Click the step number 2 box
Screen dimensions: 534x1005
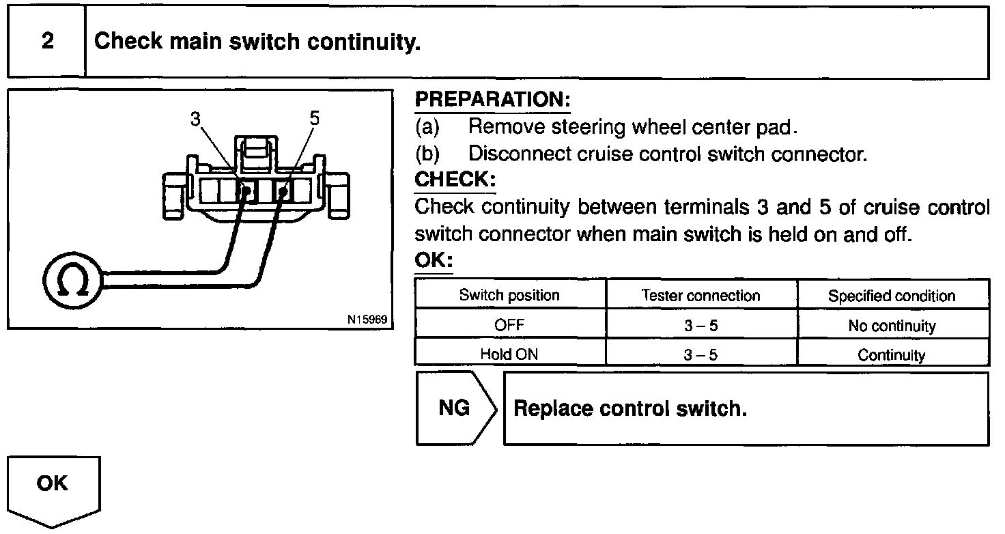(46, 42)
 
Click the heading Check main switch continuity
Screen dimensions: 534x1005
(257, 42)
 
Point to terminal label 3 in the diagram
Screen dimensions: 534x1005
(196, 118)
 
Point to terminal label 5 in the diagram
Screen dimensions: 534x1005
(314, 118)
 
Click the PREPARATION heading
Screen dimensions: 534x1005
(492, 100)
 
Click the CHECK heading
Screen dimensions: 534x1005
(455, 180)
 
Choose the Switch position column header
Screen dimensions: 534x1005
(509, 295)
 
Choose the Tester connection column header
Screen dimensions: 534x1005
(700, 295)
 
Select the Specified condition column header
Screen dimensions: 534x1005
(892, 296)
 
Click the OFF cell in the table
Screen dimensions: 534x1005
(509, 326)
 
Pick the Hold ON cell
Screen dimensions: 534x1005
(509, 354)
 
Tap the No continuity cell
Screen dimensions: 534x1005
(892, 326)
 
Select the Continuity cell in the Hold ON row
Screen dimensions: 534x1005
(892, 355)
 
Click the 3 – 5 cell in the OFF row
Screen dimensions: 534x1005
(700, 326)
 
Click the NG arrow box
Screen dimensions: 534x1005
(455, 408)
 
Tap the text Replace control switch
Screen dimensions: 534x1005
(630, 408)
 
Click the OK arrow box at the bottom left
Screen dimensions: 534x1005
(53, 485)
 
